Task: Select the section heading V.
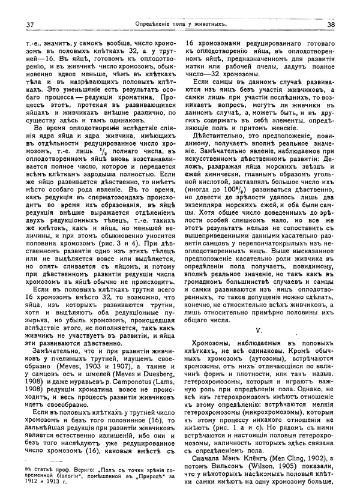point(259,330)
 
